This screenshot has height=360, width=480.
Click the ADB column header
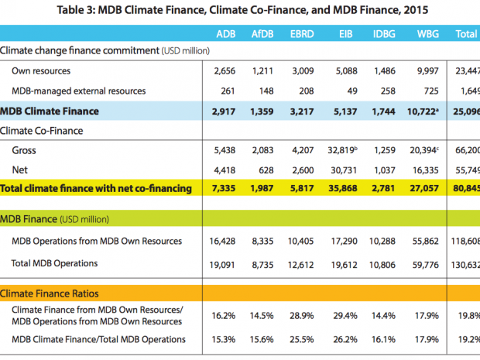coord(226,33)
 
